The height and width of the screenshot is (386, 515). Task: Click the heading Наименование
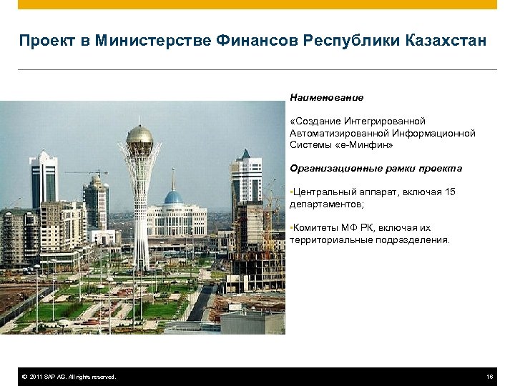pos(326,97)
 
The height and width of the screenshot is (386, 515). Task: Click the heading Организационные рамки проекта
pos(376,169)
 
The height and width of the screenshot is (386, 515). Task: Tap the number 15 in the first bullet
pos(449,192)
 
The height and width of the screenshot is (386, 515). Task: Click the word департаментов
pos(325,204)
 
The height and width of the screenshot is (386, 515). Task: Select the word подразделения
pos(417,240)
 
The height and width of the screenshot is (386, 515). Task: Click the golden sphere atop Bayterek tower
pos(139,135)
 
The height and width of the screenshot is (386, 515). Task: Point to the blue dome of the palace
pos(173,197)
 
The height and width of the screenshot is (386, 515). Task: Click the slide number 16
pos(489,377)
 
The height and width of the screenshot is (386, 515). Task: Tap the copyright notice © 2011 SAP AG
pos(69,377)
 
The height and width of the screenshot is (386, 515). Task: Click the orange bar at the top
pos(257,4)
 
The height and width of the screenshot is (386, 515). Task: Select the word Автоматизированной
pos(335,133)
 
